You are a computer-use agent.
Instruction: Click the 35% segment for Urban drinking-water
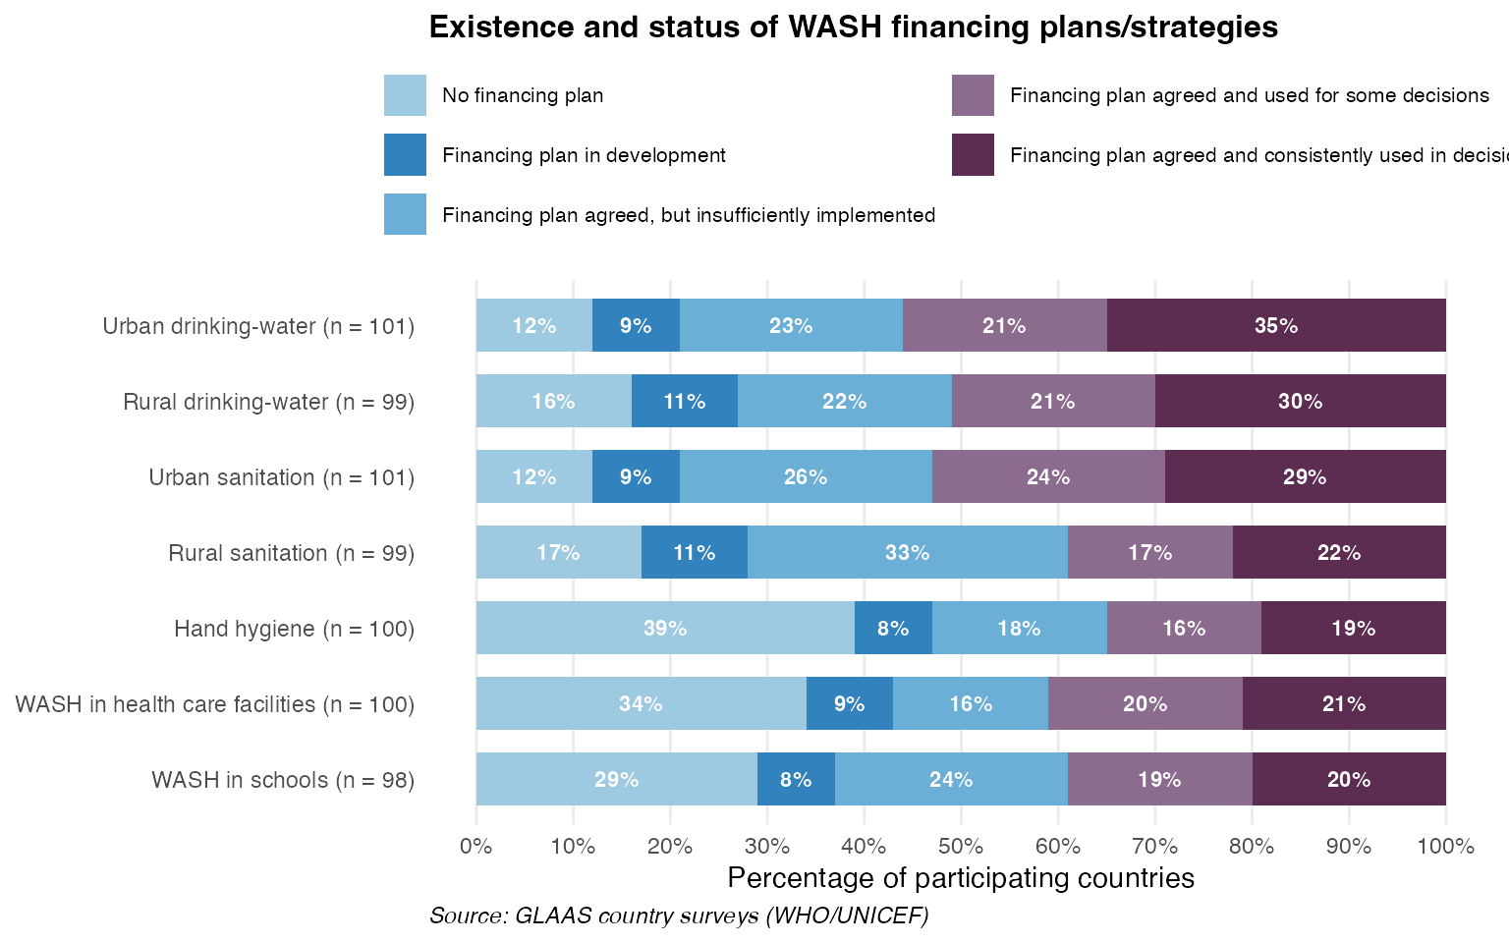click(1276, 325)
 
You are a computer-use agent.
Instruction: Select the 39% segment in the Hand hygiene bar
click(665, 628)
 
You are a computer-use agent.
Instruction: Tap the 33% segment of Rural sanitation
click(907, 552)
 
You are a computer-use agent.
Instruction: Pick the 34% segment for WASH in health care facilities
click(641, 703)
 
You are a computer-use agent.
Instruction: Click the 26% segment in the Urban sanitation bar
click(806, 476)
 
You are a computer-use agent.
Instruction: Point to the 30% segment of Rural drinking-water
click(1300, 401)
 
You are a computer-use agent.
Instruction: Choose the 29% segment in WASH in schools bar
click(616, 779)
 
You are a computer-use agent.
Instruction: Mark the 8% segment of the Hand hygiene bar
click(893, 628)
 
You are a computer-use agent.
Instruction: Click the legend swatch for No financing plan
click(405, 95)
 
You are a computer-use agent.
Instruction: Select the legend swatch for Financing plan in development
click(405, 155)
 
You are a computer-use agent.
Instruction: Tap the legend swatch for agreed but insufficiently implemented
click(405, 214)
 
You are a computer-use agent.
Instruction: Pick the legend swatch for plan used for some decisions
click(973, 95)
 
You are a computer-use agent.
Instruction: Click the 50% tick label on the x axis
click(961, 846)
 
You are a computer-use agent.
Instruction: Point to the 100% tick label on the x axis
click(1446, 846)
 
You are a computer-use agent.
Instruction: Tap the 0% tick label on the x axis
click(476, 846)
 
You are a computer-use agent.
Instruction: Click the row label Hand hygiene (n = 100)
click(294, 629)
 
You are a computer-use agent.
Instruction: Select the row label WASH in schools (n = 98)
click(283, 780)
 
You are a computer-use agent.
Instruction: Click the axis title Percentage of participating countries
click(961, 877)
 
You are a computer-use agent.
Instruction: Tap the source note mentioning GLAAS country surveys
click(679, 915)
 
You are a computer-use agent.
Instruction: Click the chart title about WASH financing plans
click(853, 27)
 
